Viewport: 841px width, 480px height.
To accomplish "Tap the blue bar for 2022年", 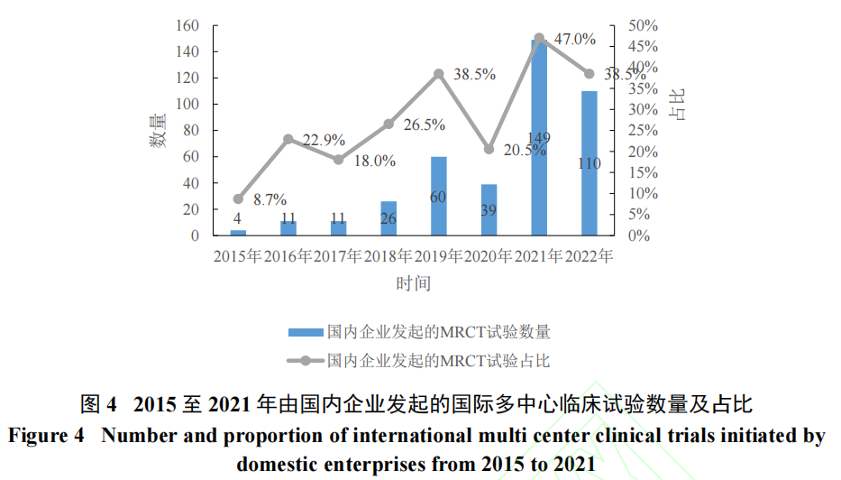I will [590, 163].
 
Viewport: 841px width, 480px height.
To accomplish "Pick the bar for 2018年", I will [389, 218].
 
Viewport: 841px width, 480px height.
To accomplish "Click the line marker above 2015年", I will [238, 199].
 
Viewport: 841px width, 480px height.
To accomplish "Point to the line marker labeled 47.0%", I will [539, 39].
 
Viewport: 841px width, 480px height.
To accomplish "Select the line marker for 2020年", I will [489, 149].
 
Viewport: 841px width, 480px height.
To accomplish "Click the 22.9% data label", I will [324, 140].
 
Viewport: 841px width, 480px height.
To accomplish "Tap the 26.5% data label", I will [425, 125].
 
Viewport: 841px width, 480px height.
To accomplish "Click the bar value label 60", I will [438, 196].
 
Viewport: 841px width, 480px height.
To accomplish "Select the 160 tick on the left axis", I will [187, 25].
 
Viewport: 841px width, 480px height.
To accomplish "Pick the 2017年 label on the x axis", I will [338, 256].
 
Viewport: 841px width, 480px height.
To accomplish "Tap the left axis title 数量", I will [158, 130].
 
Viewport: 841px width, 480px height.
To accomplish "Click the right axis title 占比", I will [677, 105].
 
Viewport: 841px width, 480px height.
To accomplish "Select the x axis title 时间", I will [413, 283].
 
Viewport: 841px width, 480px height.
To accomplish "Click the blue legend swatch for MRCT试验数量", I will [306, 332].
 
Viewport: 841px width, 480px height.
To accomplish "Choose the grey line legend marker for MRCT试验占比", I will [306, 361].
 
